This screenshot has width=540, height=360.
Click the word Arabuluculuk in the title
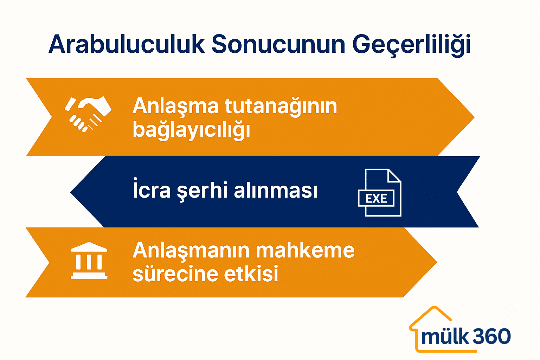coord(127,45)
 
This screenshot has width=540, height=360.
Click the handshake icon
coord(88,114)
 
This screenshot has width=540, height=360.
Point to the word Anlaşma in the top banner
coord(175,106)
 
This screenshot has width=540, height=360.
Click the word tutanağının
coord(281,106)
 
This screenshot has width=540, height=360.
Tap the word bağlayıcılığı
coord(191,130)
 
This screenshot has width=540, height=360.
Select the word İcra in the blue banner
coord(152,190)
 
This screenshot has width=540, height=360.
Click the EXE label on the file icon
coord(376,199)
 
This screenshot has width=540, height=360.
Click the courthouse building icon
coord(89,261)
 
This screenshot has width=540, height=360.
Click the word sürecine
coord(175,274)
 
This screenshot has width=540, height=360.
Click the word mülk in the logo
coord(445,336)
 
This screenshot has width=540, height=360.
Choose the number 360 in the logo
coord(492,336)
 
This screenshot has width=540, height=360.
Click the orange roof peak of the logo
coord(435,309)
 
